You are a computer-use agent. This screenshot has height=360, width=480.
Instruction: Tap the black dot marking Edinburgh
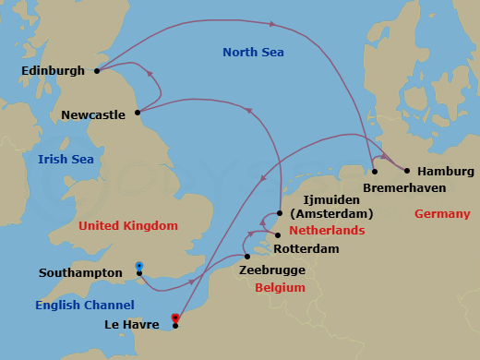[96, 70]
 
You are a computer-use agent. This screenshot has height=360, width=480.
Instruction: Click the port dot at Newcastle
[138, 113]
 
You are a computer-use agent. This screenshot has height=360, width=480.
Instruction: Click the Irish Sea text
[66, 161]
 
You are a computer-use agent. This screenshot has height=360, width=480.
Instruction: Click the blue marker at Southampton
[138, 267]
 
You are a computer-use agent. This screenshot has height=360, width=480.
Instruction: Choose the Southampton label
[81, 273]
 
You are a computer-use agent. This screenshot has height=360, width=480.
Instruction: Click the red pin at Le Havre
[175, 319]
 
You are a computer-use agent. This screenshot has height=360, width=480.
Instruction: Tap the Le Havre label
[134, 324]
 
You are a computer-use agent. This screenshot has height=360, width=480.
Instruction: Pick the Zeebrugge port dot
[246, 257]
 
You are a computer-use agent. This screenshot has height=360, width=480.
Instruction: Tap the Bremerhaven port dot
[375, 172]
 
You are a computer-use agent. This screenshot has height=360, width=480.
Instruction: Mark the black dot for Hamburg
[406, 169]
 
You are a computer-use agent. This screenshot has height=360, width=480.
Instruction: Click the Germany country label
[442, 214]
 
